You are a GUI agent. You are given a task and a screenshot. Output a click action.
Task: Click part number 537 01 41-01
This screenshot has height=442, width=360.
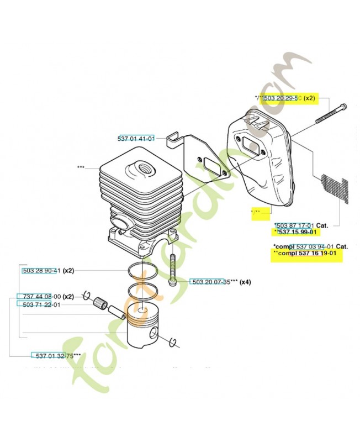[x=136, y=138]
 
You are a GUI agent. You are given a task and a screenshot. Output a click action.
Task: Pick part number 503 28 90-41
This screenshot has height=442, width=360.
[x=41, y=271]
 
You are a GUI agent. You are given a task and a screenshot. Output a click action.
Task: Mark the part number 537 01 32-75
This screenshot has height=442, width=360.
[x=54, y=355]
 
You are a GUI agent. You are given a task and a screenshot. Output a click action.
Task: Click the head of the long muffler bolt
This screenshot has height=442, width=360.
[x=343, y=107]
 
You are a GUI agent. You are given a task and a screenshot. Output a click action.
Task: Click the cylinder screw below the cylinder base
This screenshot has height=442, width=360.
[x=172, y=267]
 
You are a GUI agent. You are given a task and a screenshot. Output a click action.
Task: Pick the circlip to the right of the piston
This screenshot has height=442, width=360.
[x=172, y=342]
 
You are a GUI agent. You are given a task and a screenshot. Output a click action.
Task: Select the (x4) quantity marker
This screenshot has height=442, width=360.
[x=245, y=282]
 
